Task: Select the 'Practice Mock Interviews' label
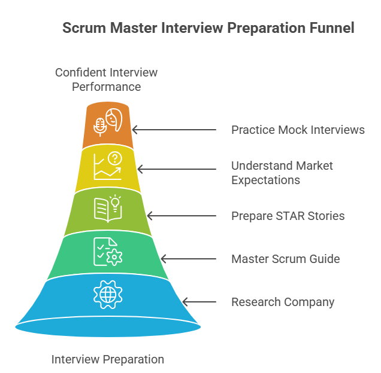click(x=298, y=130)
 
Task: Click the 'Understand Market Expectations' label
click(x=282, y=173)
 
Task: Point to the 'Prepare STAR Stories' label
click(x=288, y=216)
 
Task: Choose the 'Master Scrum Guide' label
click(x=285, y=259)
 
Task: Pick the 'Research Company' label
click(x=283, y=302)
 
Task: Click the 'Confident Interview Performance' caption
click(x=107, y=80)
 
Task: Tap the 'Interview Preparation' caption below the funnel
click(x=108, y=359)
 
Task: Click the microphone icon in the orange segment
click(x=100, y=126)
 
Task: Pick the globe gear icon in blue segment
click(x=108, y=294)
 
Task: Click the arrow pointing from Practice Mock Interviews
click(x=174, y=130)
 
